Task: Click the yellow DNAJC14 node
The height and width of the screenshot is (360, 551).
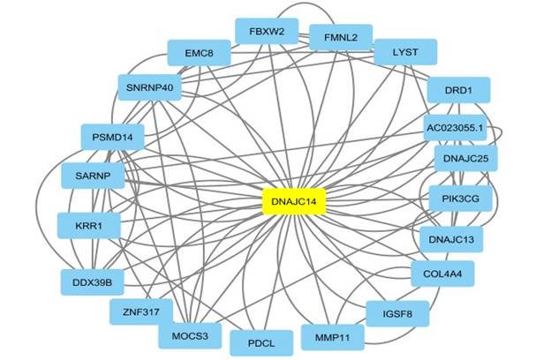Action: (295, 202)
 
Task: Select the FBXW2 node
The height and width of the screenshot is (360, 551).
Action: (267, 32)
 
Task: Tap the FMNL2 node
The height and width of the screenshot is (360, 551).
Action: (341, 38)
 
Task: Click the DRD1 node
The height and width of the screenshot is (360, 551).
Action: (458, 91)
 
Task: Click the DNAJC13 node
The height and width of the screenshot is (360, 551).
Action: (457, 239)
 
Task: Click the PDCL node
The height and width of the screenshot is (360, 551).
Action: (260, 342)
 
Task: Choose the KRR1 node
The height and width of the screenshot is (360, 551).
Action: (88, 226)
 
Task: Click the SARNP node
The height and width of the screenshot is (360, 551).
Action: (93, 176)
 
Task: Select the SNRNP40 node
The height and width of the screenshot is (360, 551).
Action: (149, 87)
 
